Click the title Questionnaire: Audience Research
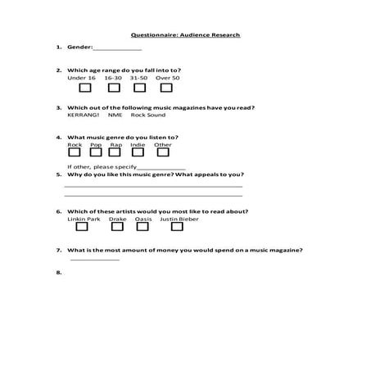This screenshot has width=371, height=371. [x=185, y=35]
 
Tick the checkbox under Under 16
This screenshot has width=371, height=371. [x=84, y=87]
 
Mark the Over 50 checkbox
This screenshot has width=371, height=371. [x=167, y=87]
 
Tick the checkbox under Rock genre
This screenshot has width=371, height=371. [x=75, y=152]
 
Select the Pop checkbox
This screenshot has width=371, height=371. [x=97, y=152]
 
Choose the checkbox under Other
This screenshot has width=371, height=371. [x=163, y=152]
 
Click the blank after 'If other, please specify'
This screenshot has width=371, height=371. [x=161, y=167]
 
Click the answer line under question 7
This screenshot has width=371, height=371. [x=95, y=259]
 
